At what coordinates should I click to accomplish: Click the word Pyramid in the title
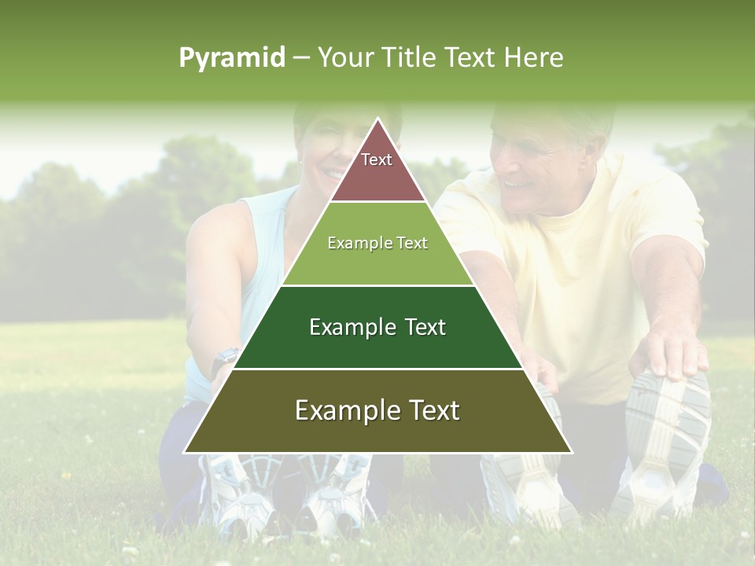coord(232,58)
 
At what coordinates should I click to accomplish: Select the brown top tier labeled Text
coord(377,169)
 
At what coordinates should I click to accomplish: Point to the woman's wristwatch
coord(226,357)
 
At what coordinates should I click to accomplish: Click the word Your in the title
coord(346,57)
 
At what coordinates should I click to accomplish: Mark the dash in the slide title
coord(301,58)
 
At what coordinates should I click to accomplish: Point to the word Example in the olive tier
coord(340,410)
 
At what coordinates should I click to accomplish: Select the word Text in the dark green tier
coord(423,327)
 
